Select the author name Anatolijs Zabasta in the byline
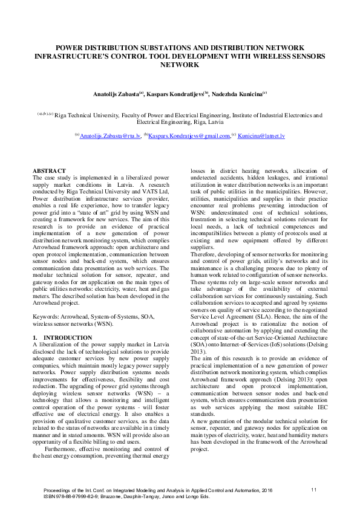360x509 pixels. tap(116, 94)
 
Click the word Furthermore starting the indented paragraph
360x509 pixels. tap(62, 449)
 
